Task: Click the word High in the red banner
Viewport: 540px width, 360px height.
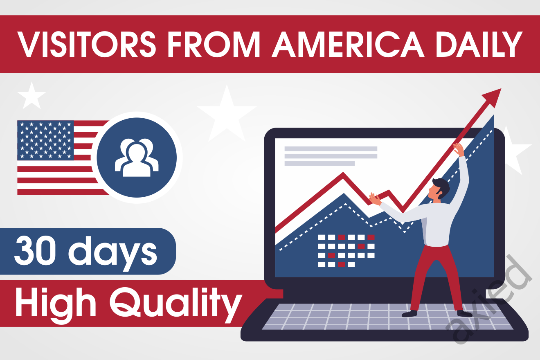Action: [56, 304]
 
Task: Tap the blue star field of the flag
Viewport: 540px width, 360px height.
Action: [45, 140]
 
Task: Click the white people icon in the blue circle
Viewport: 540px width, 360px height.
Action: [137, 157]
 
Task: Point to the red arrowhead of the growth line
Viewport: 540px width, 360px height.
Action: [493, 97]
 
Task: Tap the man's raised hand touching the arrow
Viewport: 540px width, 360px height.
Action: [459, 148]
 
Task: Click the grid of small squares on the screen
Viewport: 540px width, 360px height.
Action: [346, 251]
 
